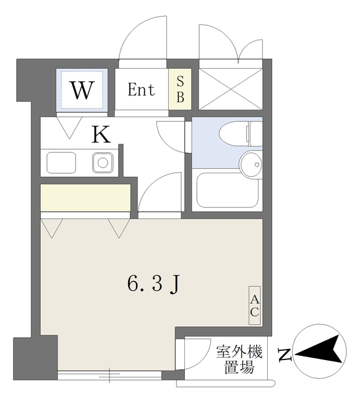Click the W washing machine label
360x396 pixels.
pyautogui.click(x=82, y=90)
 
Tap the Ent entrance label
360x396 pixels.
pyautogui.click(x=141, y=90)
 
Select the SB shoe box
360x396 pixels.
pyautogui.click(x=180, y=89)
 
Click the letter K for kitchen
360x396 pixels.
pyautogui.click(x=101, y=134)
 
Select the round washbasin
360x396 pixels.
pyautogui.click(x=251, y=165)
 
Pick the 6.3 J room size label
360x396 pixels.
pyautogui.click(x=153, y=284)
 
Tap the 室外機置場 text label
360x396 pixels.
pyautogui.click(x=239, y=361)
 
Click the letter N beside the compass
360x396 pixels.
pyautogui.click(x=284, y=355)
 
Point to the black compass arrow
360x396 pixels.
pyautogui.click(x=322, y=351)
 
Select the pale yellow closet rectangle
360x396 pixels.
pyautogui.click(x=85, y=197)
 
